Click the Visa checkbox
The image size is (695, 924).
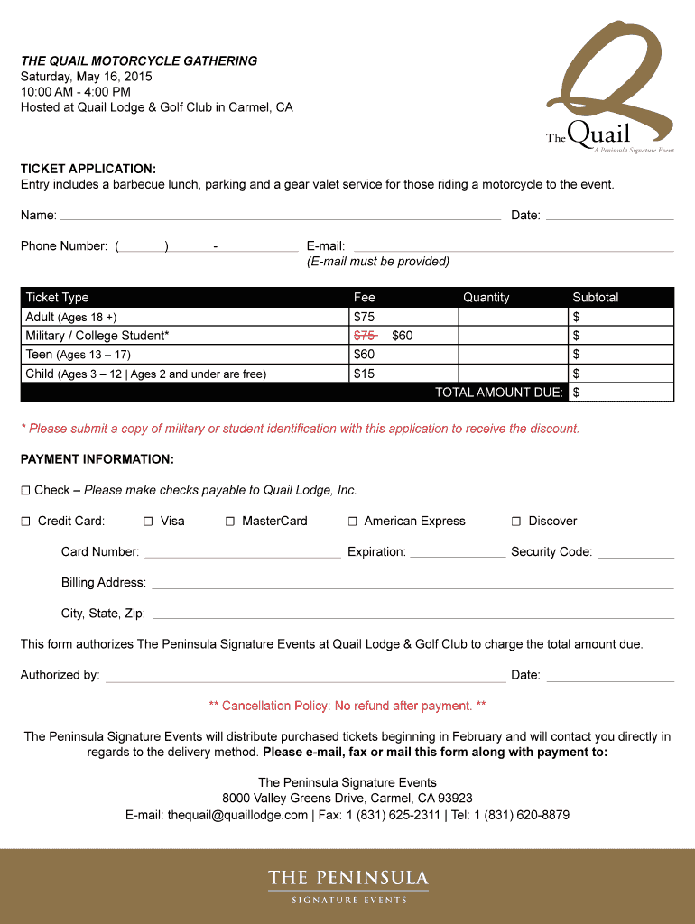coord(148,522)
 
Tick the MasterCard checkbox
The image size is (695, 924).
coord(230,522)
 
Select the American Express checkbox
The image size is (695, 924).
coord(353,522)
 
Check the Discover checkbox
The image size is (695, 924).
coord(516,522)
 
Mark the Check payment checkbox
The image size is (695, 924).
coord(26,491)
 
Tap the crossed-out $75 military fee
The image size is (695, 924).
coord(365,336)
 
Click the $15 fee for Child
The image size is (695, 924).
coord(364,374)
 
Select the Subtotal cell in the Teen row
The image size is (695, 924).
coord(621,355)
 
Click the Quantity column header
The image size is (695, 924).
coord(486,298)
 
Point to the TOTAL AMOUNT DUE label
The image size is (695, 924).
coord(499,393)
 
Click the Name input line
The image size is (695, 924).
coord(280,217)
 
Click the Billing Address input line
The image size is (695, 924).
coord(412,584)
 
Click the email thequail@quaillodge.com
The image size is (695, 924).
coord(237,815)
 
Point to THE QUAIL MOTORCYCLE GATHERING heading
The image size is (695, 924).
coord(139,61)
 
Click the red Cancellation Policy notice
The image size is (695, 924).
coord(347,706)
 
